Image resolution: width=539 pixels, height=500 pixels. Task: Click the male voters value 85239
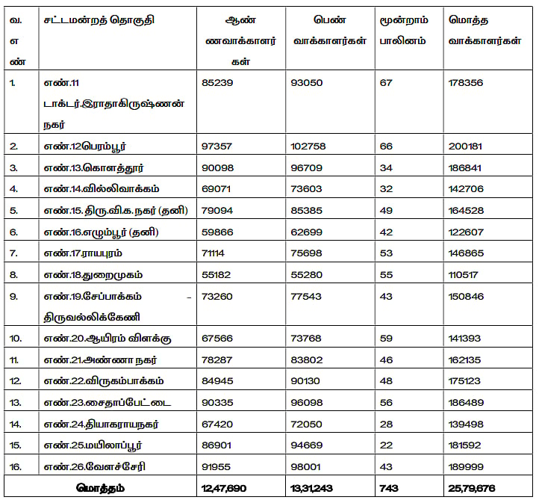(218, 83)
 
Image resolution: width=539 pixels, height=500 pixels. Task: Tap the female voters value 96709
(307, 167)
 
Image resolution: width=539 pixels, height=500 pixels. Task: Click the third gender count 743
(390, 488)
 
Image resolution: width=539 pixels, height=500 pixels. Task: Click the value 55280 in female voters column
(307, 275)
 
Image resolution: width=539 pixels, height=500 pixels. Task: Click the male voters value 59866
(218, 232)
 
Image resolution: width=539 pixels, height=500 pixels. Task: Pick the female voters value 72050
(307, 425)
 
